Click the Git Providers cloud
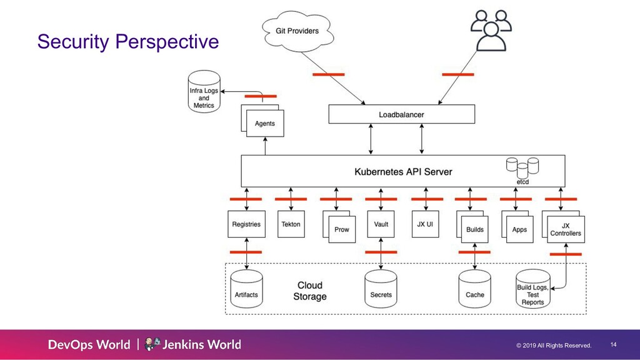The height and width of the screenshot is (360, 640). (x=297, y=31)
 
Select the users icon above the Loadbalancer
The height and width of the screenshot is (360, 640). (x=491, y=31)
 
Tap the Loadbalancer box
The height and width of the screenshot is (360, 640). (x=402, y=114)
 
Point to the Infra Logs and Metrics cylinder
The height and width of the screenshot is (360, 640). (x=204, y=92)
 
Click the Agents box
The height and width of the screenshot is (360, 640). (x=264, y=123)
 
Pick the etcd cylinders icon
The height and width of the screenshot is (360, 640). (x=522, y=168)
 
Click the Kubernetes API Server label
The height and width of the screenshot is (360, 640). (x=403, y=172)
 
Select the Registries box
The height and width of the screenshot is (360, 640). (x=246, y=224)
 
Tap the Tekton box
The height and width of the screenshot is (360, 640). (x=291, y=224)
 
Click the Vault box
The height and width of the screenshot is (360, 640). (x=381, y=224)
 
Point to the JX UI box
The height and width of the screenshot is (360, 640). (x=425, y=224)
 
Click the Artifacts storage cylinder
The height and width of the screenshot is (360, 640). (x=246, y=289)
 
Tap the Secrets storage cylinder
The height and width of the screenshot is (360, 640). (x=381, y=289)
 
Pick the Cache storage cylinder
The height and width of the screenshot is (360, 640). (x=475, y=289)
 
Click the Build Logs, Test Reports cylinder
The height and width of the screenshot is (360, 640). (x=533, y=289)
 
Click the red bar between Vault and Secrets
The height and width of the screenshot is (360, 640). (x=381, y=252)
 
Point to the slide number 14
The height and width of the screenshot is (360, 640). (x=614, y=344)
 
